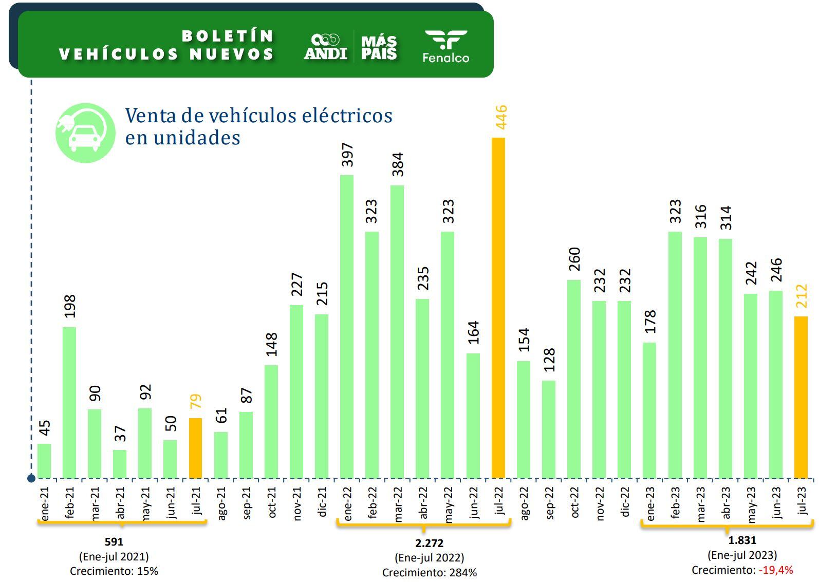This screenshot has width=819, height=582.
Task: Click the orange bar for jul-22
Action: coord(498,308)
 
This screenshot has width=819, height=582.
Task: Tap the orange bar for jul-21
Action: coord(195,448)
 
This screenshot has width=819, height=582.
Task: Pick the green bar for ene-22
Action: coord(347,327)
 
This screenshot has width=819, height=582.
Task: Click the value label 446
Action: coord(500,117)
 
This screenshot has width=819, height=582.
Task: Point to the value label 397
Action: coord(348,155)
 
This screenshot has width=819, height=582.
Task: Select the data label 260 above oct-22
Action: coord(574,259)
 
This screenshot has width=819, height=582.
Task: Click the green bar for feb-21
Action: coord(69,403)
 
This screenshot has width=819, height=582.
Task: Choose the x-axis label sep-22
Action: coord(549,503)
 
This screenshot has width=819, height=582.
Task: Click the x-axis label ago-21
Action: coord(221,503)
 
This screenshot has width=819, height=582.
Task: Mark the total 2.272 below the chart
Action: coord(429,543)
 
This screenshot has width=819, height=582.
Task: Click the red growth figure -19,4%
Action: coord(775,570)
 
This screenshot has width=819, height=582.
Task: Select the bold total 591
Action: coord(114,541)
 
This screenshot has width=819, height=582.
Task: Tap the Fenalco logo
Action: coord(445,46)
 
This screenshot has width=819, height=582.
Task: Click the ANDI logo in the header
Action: coord(326,47)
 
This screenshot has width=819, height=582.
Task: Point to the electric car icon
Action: coord(85,133)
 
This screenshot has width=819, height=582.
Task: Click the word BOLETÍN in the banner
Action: coord(228,36)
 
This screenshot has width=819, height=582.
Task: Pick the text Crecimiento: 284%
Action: coord(429,572)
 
